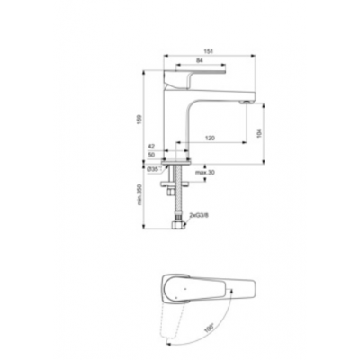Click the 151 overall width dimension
[209, 50]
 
